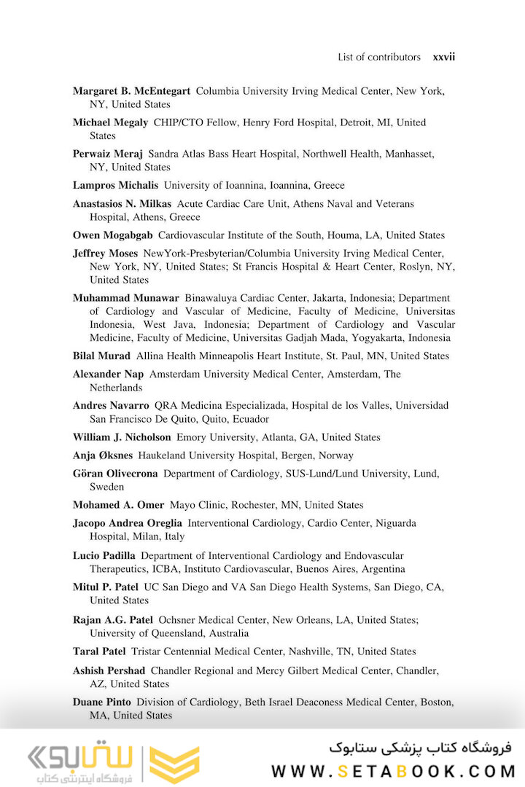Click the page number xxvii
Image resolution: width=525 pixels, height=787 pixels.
(443, 57)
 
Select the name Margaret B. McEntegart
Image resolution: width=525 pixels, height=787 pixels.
(131, 91)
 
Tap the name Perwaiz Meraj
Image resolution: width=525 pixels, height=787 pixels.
(107, 154)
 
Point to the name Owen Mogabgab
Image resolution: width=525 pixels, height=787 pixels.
(112, 235)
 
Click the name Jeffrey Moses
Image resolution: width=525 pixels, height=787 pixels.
(105, 254)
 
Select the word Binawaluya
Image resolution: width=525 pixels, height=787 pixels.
(212, 298)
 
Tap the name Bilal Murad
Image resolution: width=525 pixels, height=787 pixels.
(101, 356)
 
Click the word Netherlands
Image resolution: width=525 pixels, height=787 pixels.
(116, 388)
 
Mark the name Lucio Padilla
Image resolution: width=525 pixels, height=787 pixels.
(104, 555)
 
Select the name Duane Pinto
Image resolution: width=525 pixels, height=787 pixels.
(102, 702)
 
